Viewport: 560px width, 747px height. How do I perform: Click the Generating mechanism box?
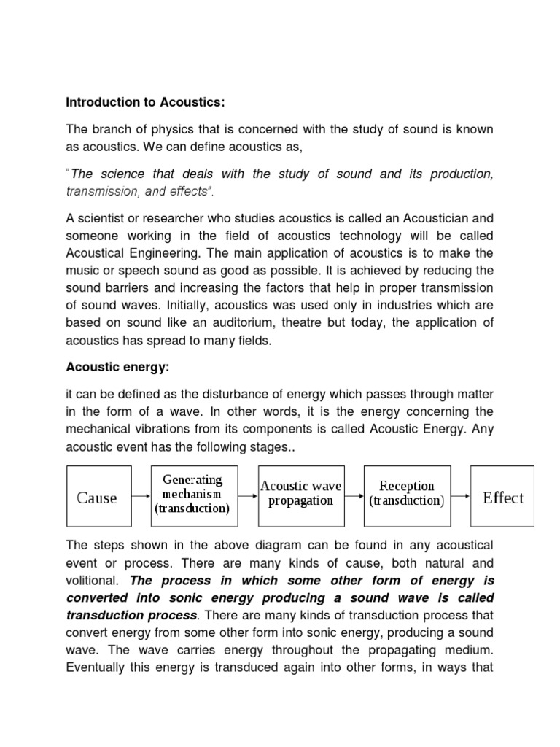click(x=192, y=495)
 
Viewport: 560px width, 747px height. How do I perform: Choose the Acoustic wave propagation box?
click(x=301, y=494)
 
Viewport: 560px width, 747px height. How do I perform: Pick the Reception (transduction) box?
click(x=407, y=494)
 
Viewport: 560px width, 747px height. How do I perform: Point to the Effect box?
click(x=502, y=498)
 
